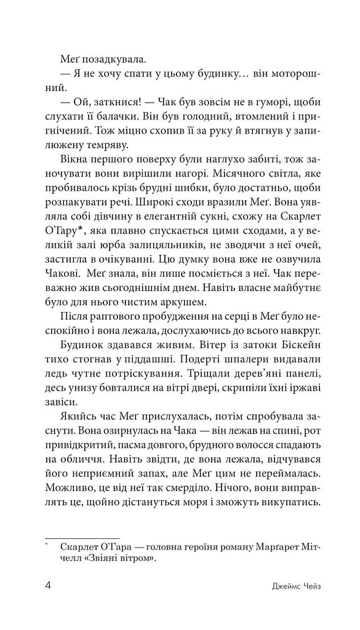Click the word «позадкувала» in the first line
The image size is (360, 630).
(x=111, y=60)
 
